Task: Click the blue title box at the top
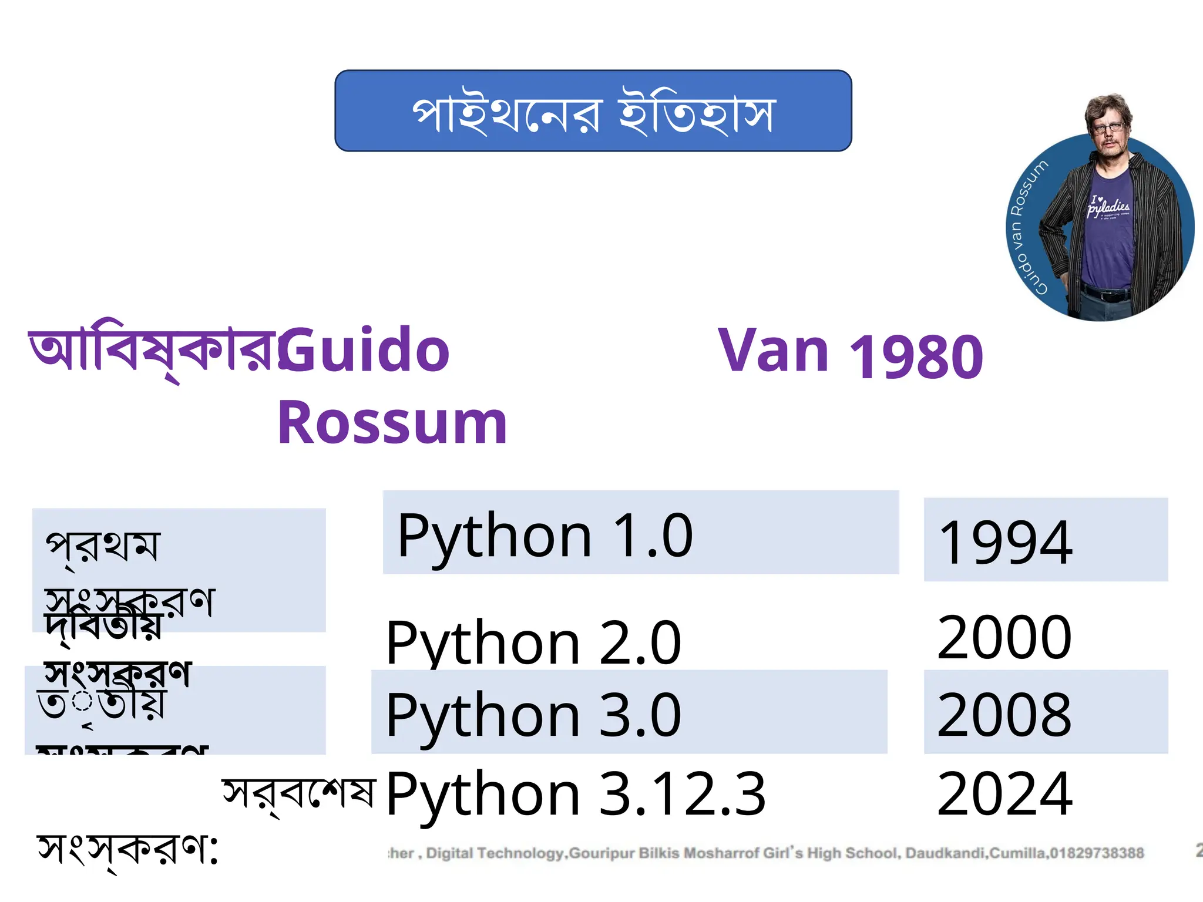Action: point(593,111)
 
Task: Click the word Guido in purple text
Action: point(364,351)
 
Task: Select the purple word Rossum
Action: point(392,423)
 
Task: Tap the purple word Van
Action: point(773,351)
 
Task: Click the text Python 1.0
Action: point(545,536)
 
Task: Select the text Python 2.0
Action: point(533,643)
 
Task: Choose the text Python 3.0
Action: point(533,715)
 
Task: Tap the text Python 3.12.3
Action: point(576,794)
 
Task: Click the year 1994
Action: point(1006,543)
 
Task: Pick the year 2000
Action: point(1004,637)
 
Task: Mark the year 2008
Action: point(1004,715)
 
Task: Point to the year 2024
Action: point(1004,794)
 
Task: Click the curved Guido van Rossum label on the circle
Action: point(1026,226)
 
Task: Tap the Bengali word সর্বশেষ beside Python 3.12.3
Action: point(298,794)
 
